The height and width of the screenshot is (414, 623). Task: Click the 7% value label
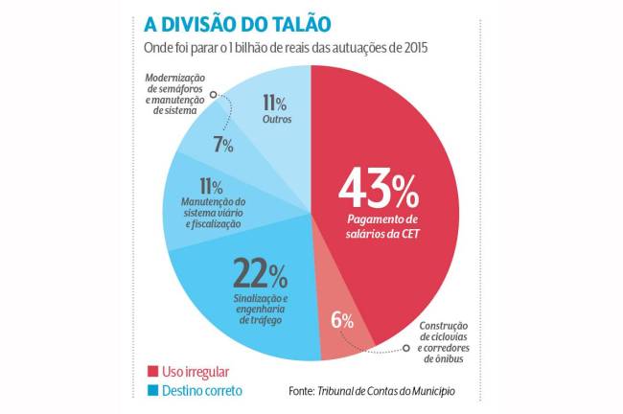223,146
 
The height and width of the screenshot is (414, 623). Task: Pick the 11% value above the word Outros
277,101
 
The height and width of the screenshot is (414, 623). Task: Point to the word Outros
277,119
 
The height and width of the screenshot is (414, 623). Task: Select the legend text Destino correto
204,391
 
